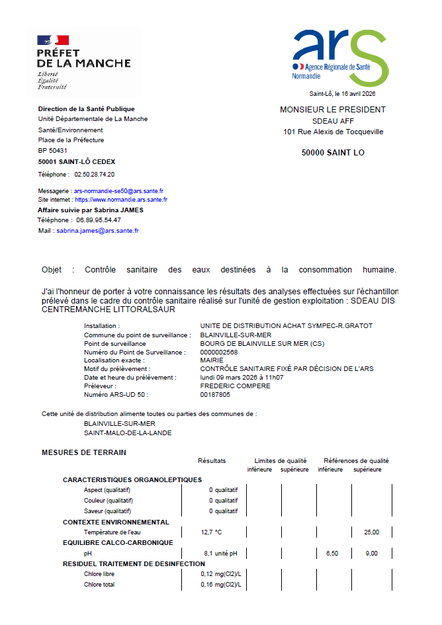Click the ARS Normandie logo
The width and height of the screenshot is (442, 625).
(340, 58)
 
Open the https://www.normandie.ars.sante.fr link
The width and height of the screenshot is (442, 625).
(121, 199)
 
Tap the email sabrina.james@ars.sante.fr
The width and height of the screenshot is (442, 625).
(97, 231)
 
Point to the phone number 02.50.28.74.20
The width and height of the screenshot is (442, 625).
(95, 175)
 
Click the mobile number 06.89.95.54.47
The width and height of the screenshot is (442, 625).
(99, 220)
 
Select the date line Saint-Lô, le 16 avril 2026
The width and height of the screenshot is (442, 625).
(347, 94)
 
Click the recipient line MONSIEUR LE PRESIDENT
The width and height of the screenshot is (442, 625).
(333, 110)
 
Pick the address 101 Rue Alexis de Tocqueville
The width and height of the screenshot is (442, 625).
(333, 132)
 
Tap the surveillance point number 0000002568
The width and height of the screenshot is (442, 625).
(218, 352)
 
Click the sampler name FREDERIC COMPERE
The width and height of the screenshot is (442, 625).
(235, 386)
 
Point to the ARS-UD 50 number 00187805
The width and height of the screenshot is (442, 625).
(216, 394)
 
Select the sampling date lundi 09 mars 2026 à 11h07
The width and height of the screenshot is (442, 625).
(242, 377)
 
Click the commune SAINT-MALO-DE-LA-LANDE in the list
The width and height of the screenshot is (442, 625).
(128, 433)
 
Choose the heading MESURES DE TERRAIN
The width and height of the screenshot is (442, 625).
(84, 452)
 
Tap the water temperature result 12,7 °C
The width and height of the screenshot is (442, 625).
(211, 532)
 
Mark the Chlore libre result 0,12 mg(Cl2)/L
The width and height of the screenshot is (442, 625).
(221, 574)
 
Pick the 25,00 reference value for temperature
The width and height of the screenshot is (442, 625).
(371, 532)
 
